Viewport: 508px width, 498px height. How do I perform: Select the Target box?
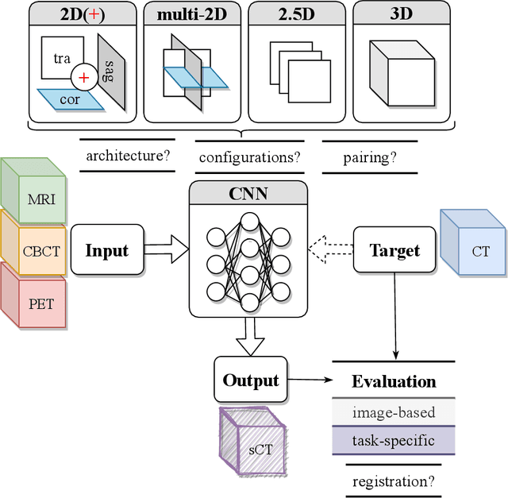point(394,250)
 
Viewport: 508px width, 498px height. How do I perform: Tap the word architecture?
point(129,156)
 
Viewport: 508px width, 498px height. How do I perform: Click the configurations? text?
point(248,156)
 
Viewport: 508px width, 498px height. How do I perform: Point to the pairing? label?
point(369,156)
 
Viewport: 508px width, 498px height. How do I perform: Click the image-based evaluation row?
point(394,411)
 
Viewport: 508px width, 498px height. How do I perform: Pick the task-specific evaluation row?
point(394,439)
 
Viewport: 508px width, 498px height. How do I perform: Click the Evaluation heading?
point(394,381)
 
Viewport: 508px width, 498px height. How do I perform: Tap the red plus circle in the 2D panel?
point(83,78)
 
